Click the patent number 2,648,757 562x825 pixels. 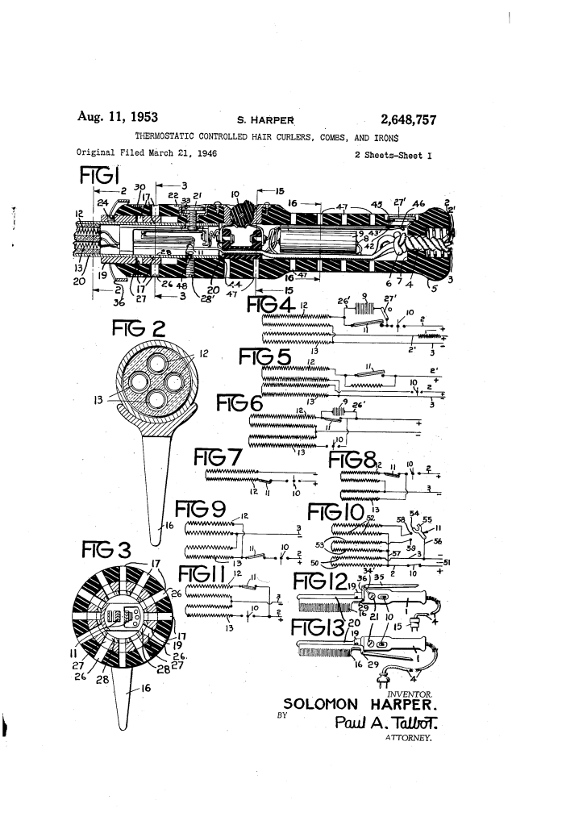(x=399, y=121)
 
